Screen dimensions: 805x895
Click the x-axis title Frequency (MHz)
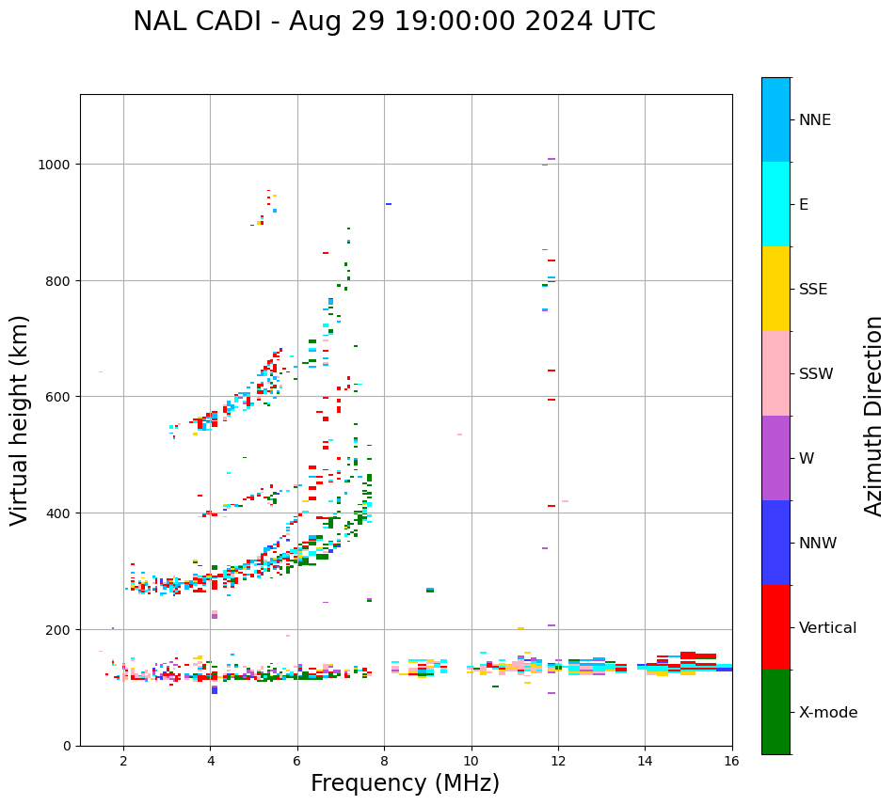pos(405,783)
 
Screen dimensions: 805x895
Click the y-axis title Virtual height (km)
pos(20,419)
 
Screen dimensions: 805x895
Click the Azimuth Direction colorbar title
pos(874,416)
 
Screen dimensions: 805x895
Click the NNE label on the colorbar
pos(815,120)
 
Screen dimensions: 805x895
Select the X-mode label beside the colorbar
pos(828,713)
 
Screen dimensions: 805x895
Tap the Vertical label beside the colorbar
pos(828,628)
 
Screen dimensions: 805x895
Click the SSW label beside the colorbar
pos(816,374)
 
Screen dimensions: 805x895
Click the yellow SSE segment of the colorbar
pos(775,289)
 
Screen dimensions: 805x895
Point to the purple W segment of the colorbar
pos(775,458)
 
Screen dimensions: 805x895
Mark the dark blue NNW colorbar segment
pos(775,543)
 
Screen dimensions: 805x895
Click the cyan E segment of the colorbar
pos(775,204)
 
